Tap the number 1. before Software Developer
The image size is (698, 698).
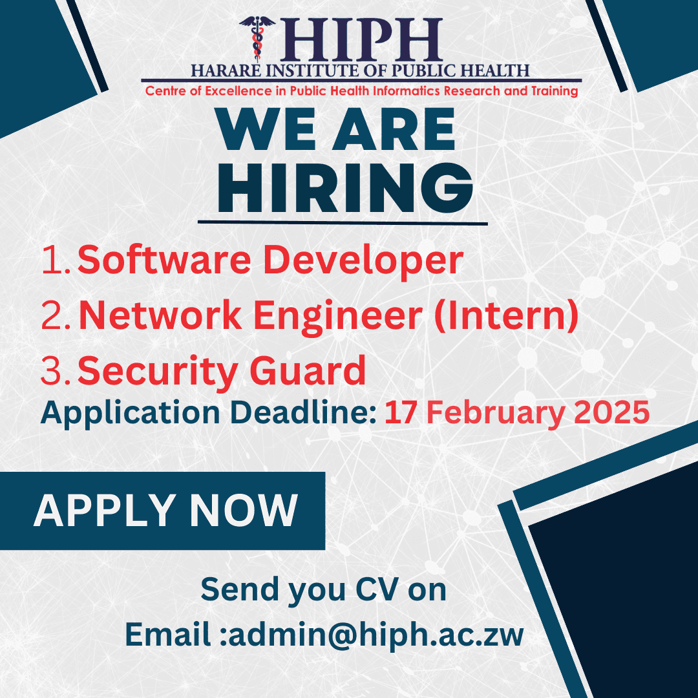point(57,260)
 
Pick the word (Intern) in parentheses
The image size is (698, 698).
point(507,316)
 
